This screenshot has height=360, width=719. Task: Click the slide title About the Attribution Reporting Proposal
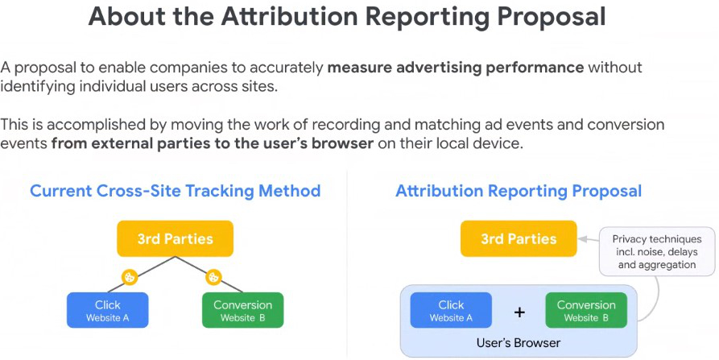[347, 16]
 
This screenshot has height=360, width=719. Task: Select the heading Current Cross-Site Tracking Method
[176, 191]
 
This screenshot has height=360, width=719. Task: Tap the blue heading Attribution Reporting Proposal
[519, 191]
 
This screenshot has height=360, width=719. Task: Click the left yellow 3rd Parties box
[176, 238]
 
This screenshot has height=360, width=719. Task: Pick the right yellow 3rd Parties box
[519, 238]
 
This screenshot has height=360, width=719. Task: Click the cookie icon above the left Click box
[130, 277]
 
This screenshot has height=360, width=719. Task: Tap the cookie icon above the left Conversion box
[213, 277]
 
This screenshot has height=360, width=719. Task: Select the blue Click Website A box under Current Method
[108, 310]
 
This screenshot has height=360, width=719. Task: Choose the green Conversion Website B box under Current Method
[243, 310]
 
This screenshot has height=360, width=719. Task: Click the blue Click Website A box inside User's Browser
[451, 310]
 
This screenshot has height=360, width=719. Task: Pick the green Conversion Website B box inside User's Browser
[586, 310]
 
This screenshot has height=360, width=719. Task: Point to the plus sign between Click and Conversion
[519, 312]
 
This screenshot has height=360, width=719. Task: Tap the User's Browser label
[519, 342]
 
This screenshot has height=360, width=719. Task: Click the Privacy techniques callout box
[657, 252]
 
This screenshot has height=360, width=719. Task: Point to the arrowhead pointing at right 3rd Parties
[582, 239]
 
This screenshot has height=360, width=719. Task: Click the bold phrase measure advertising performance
[456, 68]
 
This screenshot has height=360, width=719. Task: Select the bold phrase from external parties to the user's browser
[213, 143]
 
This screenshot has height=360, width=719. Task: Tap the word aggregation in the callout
[667, 265]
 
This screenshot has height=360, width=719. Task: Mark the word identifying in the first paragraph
[37, 87]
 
